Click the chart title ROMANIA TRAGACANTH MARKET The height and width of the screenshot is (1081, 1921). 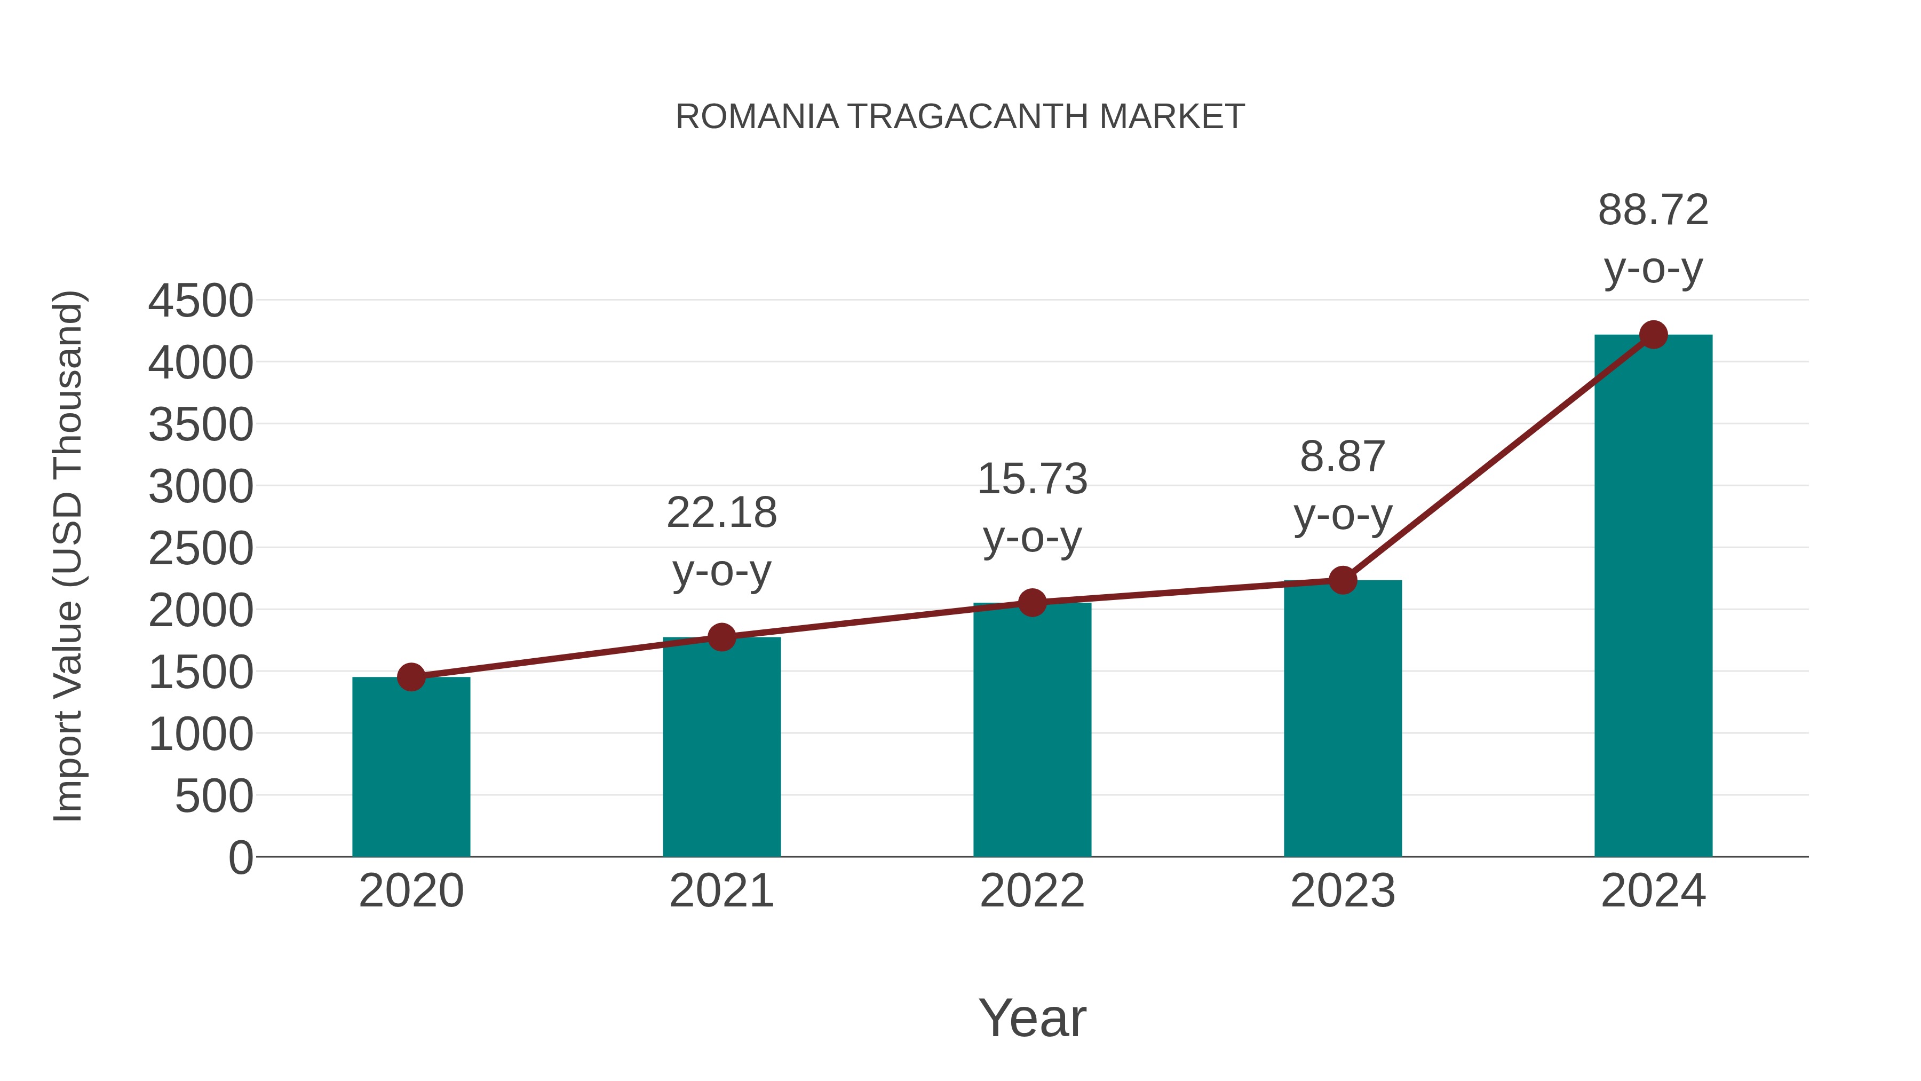click(x=960, y=117)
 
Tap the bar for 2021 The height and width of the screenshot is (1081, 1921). click(x=721, y=747)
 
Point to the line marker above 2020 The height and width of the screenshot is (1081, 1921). click(x=411, y=677)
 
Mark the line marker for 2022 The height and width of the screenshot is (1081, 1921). click(x=1032, y=602)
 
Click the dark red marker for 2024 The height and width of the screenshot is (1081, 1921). click(x=1653, y=335)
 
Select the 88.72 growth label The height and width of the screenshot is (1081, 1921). click(x=1653, y=210)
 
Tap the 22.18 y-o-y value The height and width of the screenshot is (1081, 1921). click(x=721, y=513)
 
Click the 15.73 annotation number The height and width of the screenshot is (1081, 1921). click(x=1032, y=479)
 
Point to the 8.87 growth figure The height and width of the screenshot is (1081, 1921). click(x=1343, y=456)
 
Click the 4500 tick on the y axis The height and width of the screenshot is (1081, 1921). click(x=201, y=302)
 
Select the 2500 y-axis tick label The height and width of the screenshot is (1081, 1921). click(x=201, y=549)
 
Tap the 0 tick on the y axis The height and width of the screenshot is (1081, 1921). click(x=241, y=858)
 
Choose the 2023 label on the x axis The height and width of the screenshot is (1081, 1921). click(x=1343, y=891)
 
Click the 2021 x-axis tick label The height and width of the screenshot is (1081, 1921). click(x=721, y=891)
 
